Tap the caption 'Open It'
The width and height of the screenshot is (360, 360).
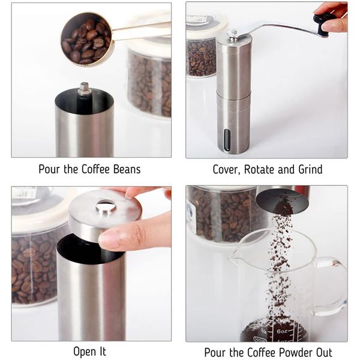click(89, 352)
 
